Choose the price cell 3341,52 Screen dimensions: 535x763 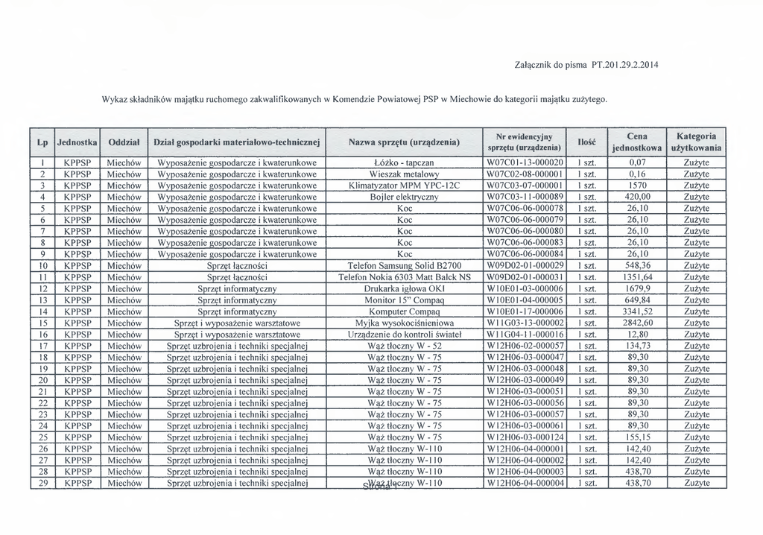(x=637, y=311)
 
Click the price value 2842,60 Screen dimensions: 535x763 (x=637, y=323)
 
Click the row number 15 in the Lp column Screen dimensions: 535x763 (x=42, y=323)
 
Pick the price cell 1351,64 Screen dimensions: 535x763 (x=637, y=277)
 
